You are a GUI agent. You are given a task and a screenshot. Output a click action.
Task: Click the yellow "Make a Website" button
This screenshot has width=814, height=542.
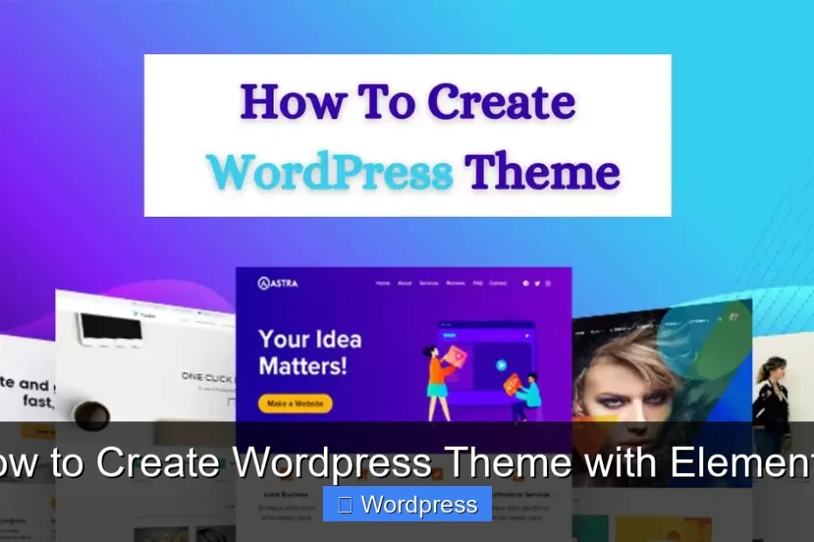295,404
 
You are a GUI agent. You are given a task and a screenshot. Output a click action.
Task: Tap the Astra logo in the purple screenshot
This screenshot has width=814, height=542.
279,283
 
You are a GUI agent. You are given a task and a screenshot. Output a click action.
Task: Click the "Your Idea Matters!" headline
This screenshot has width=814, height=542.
310,351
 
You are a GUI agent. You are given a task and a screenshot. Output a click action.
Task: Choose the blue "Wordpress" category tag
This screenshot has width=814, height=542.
407,504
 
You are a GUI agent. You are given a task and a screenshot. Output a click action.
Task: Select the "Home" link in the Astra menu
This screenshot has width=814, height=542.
382,283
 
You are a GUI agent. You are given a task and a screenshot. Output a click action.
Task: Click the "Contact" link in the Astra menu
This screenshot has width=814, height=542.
498,283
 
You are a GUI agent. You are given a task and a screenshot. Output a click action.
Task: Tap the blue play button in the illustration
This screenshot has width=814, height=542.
502,365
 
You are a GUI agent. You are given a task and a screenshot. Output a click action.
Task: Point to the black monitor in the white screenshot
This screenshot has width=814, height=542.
110,330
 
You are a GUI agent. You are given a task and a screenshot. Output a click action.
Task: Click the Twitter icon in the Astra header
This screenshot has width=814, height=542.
537,283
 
